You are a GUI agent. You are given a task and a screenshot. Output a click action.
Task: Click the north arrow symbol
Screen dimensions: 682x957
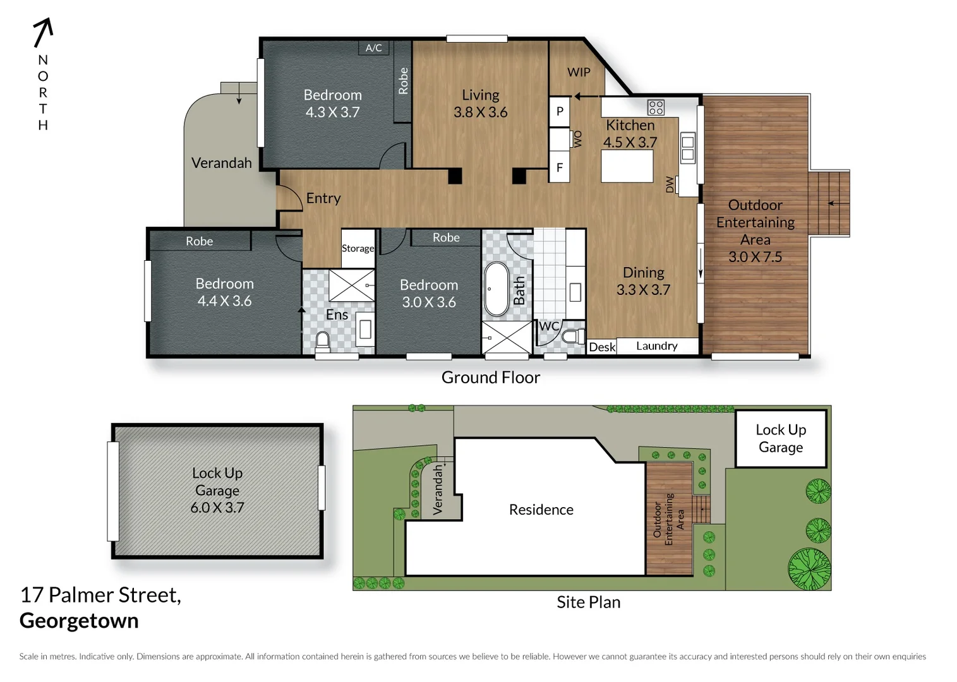(43, 32)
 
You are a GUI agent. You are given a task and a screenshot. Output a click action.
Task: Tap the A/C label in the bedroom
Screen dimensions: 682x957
(373, 48)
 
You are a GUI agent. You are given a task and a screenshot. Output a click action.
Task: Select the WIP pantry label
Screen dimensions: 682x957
(579, 72)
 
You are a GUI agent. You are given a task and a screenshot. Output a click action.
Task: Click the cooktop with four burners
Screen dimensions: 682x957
(656, 107)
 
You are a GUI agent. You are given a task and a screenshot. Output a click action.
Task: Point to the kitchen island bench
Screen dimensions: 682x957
(627, 166)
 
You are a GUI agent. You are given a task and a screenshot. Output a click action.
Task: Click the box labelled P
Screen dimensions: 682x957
(560, 112)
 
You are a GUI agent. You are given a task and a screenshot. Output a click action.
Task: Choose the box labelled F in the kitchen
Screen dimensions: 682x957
(560, 168)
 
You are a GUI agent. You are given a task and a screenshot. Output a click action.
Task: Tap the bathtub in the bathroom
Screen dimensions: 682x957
(496, 289)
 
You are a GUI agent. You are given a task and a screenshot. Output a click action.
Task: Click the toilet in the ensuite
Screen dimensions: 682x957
(323, 341)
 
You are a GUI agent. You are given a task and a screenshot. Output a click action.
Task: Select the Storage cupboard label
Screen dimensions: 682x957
(358, 248)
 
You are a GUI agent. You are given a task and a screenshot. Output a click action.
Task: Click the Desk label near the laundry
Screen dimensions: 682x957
(601, 347)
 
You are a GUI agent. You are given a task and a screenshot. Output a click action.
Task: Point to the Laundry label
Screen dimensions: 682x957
(656, 346)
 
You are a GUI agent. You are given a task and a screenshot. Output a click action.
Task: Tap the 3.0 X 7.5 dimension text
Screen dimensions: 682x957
(755, 257)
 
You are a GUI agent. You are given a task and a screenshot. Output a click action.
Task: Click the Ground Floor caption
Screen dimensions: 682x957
(490, 378)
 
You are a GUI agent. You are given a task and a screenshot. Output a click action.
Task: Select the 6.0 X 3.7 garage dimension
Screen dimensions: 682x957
(217, 508)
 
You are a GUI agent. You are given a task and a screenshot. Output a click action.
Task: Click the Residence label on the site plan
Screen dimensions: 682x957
(541, 510)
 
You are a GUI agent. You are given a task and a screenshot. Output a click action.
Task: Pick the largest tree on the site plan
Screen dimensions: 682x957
(809, 568)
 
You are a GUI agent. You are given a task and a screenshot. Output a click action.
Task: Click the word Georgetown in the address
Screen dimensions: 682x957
(79, 621)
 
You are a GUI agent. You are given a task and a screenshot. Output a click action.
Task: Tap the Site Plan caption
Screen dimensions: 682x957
(588, 602)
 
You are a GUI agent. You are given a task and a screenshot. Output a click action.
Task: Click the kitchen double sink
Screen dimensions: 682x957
(687, 148)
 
